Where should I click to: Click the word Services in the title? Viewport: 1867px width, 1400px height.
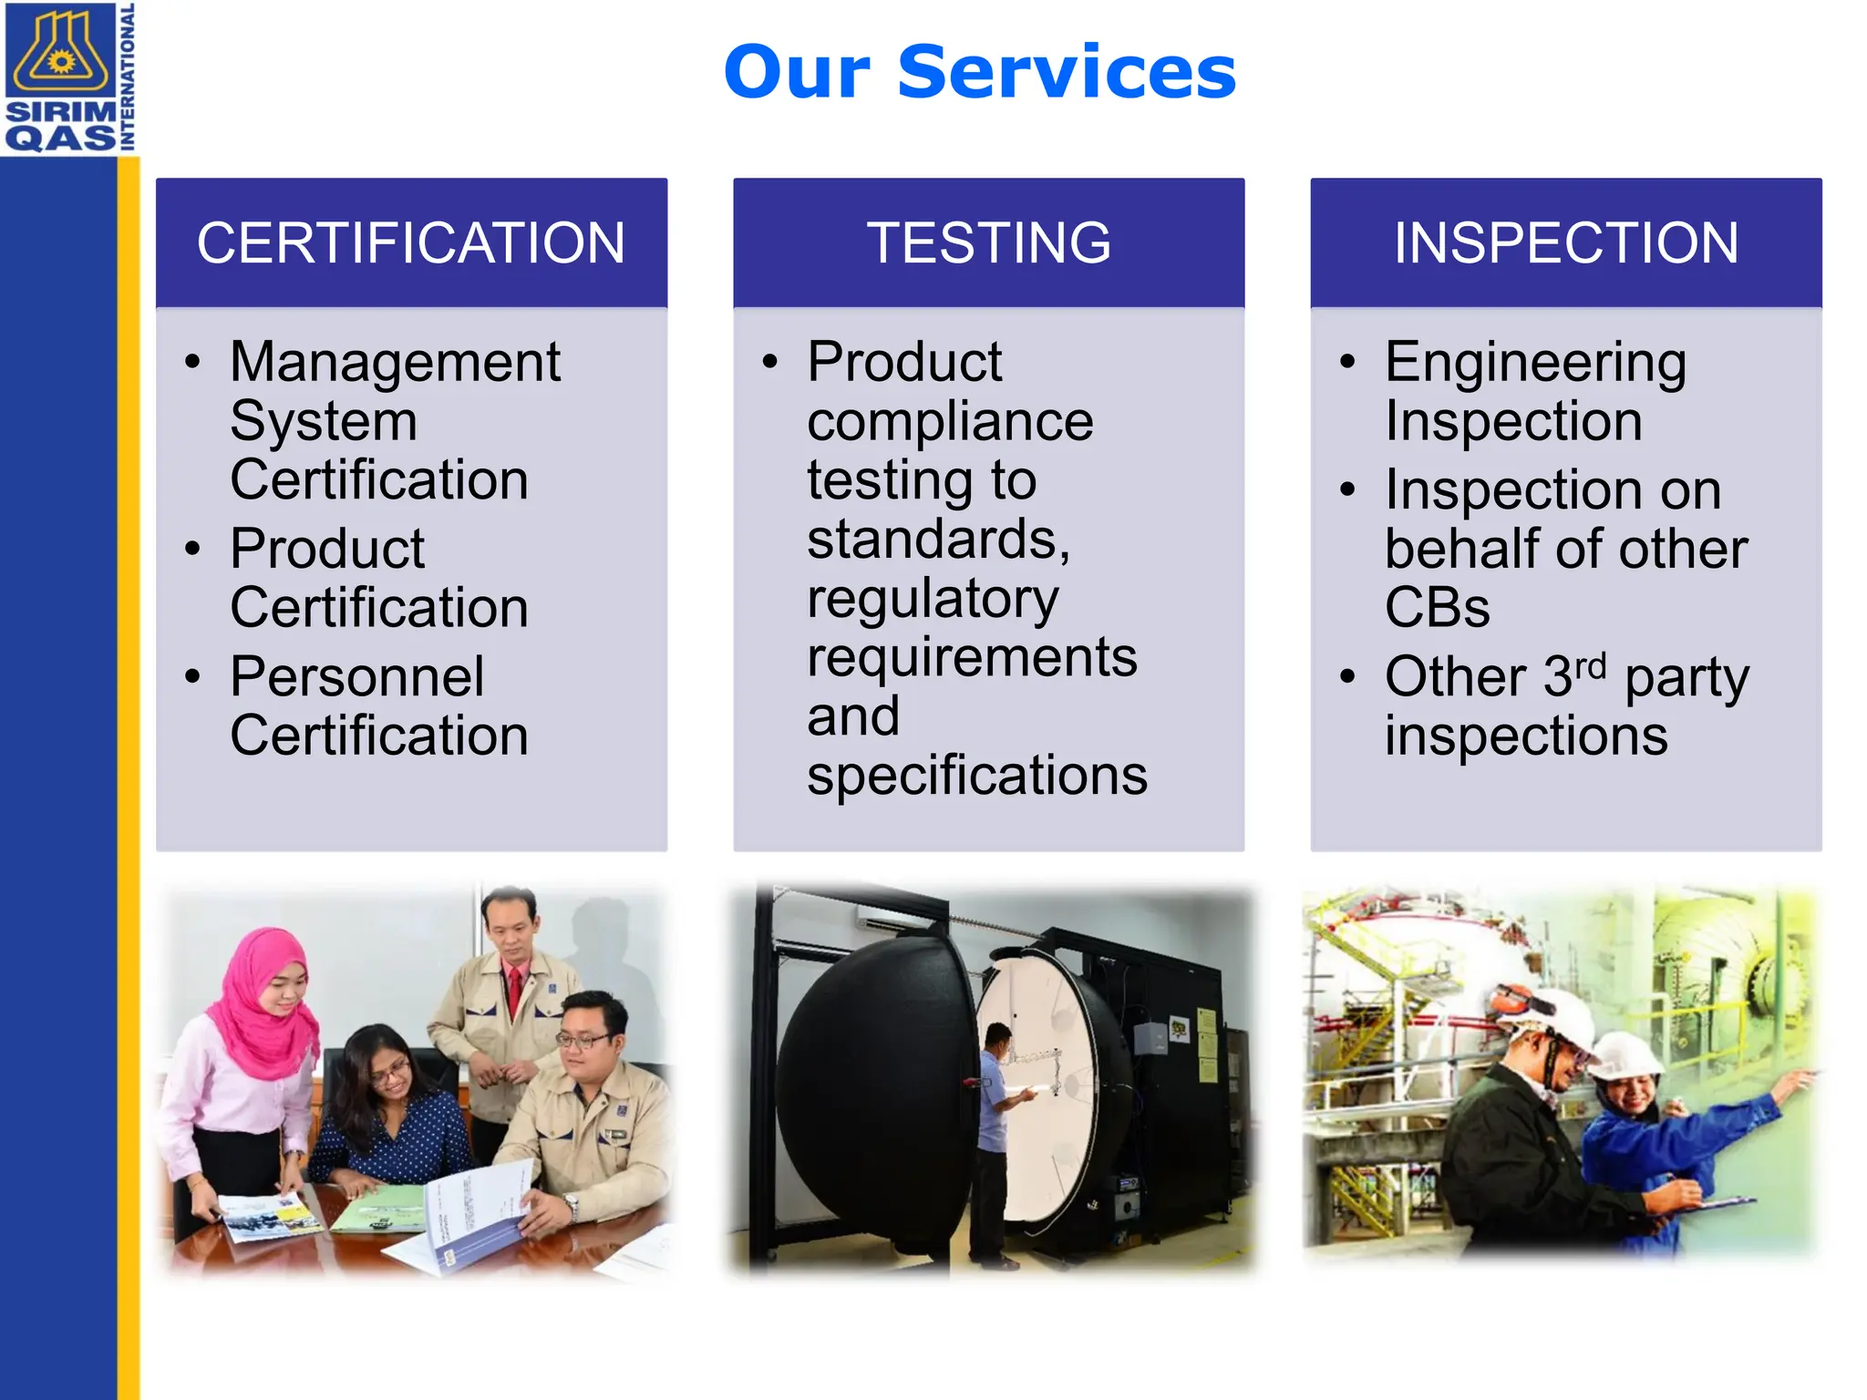point(1067,73)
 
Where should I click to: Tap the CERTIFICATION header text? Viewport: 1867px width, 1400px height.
point(411,243)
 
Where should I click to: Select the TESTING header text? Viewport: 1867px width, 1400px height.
point(988,243)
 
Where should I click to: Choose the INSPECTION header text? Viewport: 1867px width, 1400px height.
point(1565,243)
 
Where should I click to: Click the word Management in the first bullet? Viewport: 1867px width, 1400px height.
point(395,363)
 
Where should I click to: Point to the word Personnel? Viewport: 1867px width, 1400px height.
point(356,677)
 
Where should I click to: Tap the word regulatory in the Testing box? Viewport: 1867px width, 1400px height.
point(933,600)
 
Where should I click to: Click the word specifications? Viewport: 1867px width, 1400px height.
point(976,777)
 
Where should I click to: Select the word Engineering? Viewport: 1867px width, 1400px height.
point(1535,363)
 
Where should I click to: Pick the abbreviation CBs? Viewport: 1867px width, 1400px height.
point(1437,608)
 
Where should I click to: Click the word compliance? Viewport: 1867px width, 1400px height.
point(949,422)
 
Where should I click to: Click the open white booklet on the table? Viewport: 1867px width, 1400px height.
point(465,1217)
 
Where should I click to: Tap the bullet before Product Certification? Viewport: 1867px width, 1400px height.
point(192,549)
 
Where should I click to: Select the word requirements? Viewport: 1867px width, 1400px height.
point(972,658)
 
